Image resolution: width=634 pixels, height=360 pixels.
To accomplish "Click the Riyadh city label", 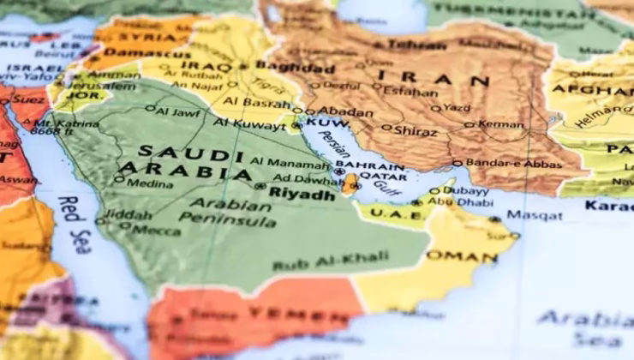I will [302, 195].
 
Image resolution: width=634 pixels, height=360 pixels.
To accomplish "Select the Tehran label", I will [416, 45].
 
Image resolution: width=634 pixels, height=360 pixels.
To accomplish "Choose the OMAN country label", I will [464, 255].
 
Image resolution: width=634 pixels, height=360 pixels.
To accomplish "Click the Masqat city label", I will [535, 215].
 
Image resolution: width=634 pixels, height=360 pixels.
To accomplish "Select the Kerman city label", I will [500, 124].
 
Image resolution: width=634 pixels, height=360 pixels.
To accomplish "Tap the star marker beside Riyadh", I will [260, 185].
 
